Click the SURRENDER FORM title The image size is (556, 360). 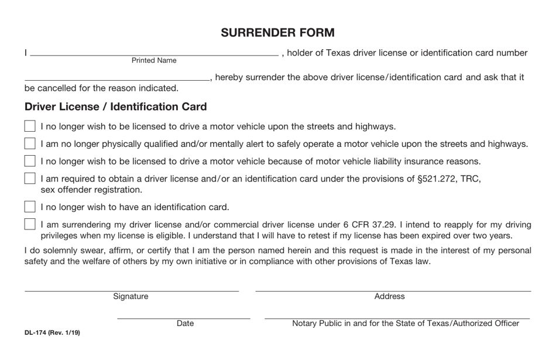(x=277, y=33)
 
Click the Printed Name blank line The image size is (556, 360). (x=154, y=55)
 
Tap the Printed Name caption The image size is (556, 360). (x=154, y=61)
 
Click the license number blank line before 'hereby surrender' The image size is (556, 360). (x=117, y=80)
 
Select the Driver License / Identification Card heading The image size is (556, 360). (x=115, y=107)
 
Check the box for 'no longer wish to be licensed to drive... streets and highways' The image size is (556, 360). (x=30, y=126)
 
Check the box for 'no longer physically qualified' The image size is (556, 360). (x=30, y=144)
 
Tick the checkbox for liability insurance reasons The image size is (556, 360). (x=30, y=162)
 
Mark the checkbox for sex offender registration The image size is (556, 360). (x=30, y=179)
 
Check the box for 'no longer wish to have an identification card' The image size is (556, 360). (x=30, y=207)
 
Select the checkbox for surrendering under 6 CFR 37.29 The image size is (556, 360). (x=30, y=224)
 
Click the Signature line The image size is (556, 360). (x=131, y=290)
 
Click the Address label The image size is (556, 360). (x=389, y=297)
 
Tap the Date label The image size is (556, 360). (x=185, y=323)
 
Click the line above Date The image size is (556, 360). (x=183, y=318)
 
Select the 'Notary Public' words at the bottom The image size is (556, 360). (x=318, y=323)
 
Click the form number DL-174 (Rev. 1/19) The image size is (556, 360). (x=52, y=333)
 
